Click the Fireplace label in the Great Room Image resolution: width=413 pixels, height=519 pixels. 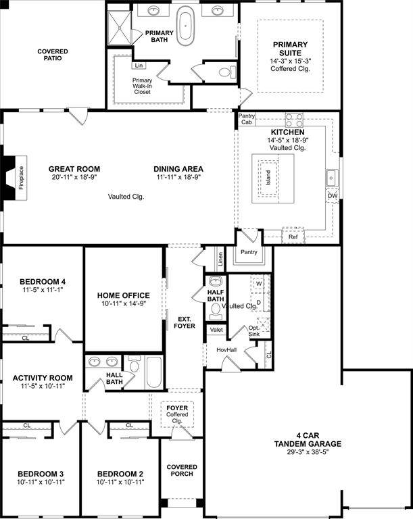coord(21,178)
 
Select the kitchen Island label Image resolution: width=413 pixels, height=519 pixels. coord(268,177)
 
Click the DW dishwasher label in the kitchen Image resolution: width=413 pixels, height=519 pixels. coord(332,196)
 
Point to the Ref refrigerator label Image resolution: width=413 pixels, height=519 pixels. coord(293,237)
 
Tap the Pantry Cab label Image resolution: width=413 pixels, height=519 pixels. coord(247,120)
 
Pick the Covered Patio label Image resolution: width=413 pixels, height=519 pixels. coord(52,55)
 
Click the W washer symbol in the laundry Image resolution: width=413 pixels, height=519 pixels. coord(259,283)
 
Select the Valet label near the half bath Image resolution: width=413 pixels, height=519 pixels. coord(216,330)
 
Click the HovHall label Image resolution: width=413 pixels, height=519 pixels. coord(226,349)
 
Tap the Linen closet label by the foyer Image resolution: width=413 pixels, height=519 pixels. coord(220,258)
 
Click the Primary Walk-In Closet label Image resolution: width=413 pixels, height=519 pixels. coord(142,86)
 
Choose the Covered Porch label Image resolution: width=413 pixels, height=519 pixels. coord(182,470)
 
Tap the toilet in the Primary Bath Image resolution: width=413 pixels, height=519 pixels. coord(223,72)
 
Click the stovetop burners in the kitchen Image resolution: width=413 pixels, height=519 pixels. coord(294,120)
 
